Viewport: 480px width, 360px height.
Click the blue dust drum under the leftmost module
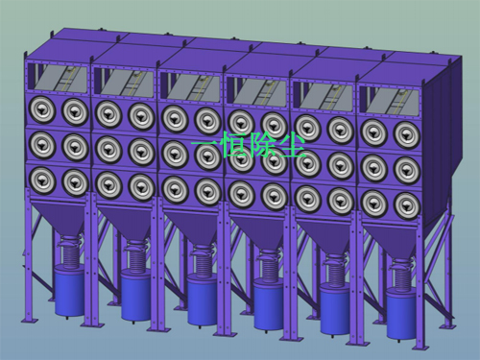point(69,290)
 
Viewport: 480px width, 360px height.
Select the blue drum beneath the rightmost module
point(400,313)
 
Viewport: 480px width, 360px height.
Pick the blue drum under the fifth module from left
point(334,309)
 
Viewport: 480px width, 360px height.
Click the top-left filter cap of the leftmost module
point(42,110)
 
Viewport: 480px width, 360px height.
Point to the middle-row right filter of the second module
point(141,152)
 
